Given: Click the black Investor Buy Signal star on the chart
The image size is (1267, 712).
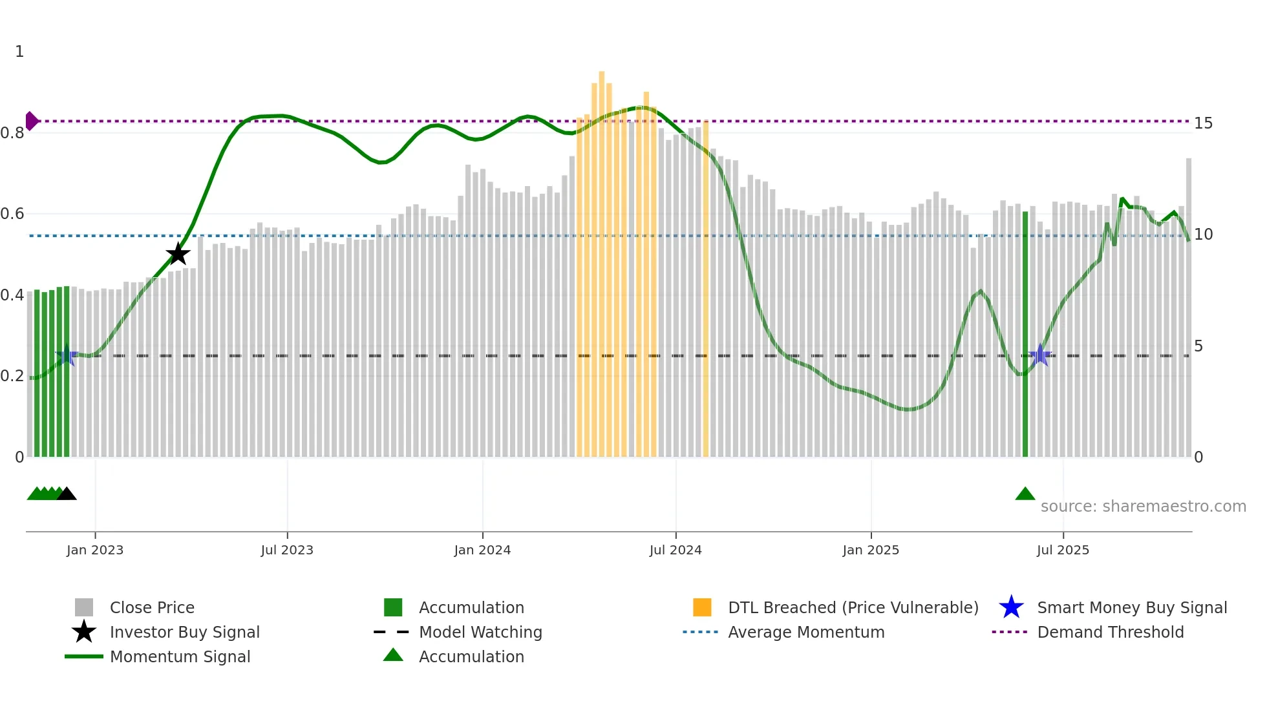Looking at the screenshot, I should [x=178, y=254].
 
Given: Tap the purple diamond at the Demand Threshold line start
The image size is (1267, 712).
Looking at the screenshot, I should [x=31, y=121].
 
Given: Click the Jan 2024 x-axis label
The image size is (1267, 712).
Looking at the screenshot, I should [x=482, y=550].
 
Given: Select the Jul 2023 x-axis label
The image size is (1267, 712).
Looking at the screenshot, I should [x=287, y=550].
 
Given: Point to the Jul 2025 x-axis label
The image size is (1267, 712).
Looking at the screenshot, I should [x=1063, y=550].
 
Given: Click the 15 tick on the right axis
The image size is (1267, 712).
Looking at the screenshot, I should [x=1203, y=123].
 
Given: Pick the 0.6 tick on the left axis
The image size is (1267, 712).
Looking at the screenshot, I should [x=13, y=214].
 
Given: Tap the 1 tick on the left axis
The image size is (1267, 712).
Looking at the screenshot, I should [x=19, y=52].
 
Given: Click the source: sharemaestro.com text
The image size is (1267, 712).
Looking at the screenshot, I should [x=1143, y=507].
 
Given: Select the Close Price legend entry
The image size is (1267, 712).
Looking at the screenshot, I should [x=152, y=607].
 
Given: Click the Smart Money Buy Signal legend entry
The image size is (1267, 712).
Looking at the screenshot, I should [x=1131, y=607].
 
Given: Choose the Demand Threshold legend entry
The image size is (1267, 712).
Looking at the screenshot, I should [x=1110, y=632].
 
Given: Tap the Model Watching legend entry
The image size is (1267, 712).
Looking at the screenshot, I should [x=480, y=632].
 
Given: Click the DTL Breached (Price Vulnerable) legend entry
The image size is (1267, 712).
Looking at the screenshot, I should [x=853, y=607].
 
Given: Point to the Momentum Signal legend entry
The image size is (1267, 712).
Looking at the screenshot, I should [x=180, y=656].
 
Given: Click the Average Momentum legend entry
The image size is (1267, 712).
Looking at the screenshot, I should [x=805, y=632].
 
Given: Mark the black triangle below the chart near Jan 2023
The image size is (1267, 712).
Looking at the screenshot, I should [x=67, y=494].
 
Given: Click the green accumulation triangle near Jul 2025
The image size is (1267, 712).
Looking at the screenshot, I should [x=1025, y=494].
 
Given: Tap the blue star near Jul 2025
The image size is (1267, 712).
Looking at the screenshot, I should [x=1040, y=355].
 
